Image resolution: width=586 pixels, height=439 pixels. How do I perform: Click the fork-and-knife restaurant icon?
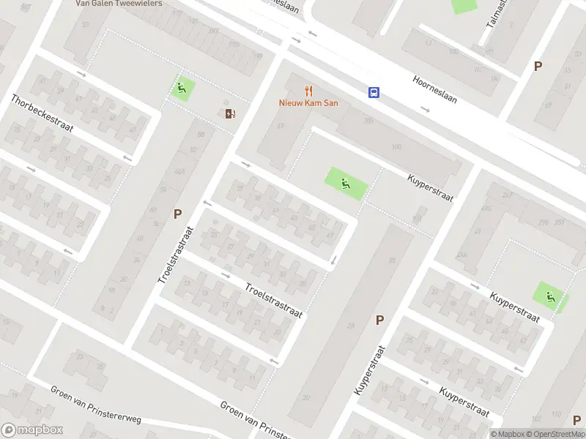coord(309,91)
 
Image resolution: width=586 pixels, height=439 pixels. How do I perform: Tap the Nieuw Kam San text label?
coord(308,103)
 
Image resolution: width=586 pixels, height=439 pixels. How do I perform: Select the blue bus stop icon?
coord(374,92)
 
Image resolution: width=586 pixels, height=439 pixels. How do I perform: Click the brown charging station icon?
coord(230,113)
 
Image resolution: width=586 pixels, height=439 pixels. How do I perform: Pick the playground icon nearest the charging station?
coord(182,89)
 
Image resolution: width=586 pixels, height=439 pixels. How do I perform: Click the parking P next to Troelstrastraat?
coord(177,214)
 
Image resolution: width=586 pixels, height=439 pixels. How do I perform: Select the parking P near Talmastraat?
coord(538,66)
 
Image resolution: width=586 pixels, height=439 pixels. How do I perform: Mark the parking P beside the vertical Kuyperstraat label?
coord(379,320)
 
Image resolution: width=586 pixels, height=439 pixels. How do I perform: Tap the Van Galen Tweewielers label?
coord(119,3)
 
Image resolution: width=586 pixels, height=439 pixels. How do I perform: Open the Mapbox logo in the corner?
coord(32,430)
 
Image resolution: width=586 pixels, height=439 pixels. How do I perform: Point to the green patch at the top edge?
coord(463,5)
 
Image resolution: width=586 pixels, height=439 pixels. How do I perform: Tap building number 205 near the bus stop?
coord(368,121)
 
